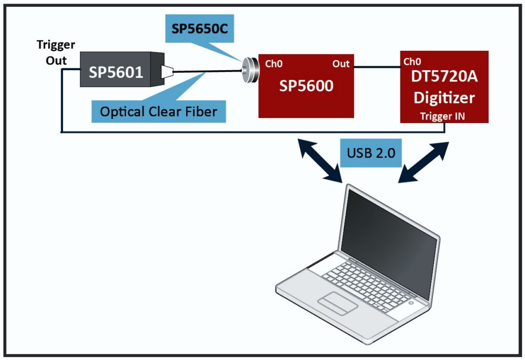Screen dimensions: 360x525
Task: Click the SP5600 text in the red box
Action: [x=306, y=85]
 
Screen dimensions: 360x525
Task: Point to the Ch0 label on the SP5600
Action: [x=274, y=64]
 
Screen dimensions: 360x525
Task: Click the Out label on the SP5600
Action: [x=341, y=64]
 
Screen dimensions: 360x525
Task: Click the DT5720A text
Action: [x=444, y=77]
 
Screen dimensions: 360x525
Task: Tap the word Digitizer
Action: [x=444, y=97]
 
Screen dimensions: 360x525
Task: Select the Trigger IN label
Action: [x=444, y=115]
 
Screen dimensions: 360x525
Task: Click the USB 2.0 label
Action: [x=371, y=153]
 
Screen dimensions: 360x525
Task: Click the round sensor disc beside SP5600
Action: [x=250, y=70]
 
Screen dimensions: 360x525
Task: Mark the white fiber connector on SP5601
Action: [x=167, y=72]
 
